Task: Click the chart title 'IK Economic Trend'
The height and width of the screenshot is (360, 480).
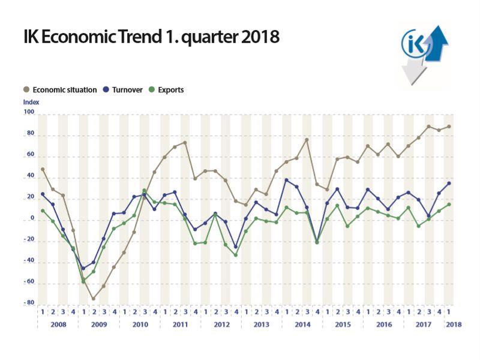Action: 93,37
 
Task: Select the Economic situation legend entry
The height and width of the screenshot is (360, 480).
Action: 60,89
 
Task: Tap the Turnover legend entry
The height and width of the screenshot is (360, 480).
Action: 123,89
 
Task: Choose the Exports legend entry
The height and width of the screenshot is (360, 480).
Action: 166,89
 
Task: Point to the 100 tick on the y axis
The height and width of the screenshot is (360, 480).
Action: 29,112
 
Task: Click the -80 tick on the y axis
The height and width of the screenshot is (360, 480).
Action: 29,302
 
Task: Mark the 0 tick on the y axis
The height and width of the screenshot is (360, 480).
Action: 32,218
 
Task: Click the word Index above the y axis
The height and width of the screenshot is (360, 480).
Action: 31,102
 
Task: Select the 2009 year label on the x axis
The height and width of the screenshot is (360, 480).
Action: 99,325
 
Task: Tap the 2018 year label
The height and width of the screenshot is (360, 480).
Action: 454,325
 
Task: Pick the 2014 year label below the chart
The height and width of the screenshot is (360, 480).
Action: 302,325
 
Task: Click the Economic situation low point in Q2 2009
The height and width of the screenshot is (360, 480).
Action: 94,298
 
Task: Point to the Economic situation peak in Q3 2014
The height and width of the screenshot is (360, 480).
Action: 307,140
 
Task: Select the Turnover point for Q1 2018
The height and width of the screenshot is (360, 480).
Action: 449,184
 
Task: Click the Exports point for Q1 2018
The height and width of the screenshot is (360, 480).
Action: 449,205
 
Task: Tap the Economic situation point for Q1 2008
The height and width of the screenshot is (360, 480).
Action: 43,169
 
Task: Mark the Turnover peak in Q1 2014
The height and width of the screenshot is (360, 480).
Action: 287,181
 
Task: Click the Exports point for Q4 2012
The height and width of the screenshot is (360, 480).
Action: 236,254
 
